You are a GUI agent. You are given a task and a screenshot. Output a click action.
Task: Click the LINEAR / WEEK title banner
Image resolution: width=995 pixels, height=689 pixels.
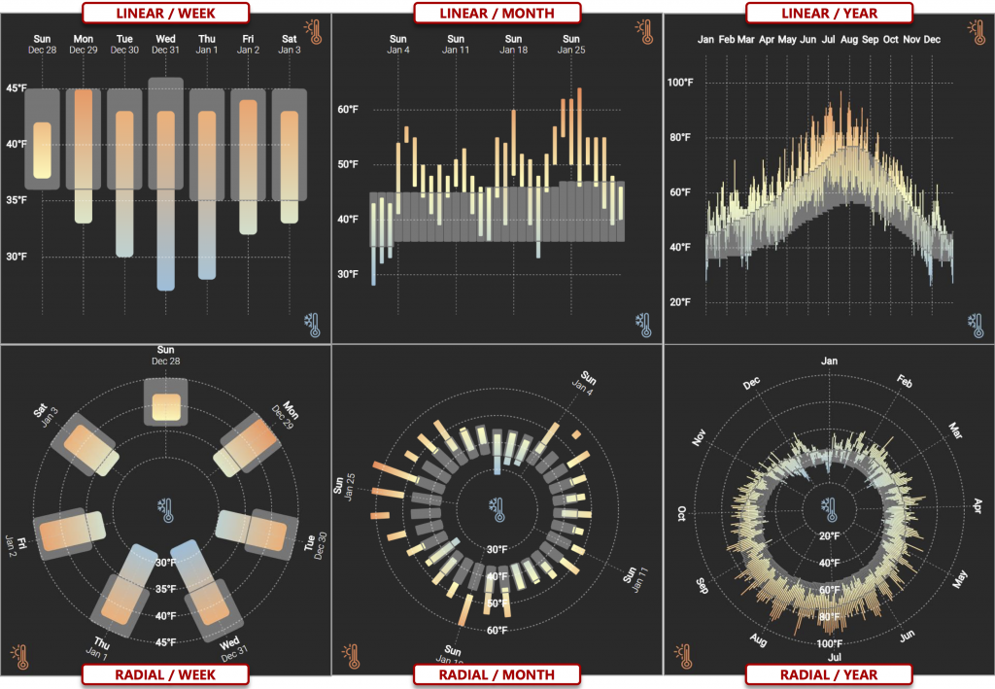(x=165, y=13)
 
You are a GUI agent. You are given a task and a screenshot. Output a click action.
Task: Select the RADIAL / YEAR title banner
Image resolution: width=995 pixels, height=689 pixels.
(x=828, y=674)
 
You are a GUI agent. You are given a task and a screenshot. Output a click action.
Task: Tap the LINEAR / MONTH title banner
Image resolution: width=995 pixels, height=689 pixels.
(x=497, y=13)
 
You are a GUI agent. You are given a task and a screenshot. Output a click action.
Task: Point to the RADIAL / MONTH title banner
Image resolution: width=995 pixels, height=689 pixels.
(x=497, y=674)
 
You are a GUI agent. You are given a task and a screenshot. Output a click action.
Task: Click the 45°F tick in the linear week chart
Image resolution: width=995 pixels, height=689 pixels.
(x=17, y=88)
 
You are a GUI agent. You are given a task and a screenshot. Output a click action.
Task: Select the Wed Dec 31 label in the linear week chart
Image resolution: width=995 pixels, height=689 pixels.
(x=165, y=44)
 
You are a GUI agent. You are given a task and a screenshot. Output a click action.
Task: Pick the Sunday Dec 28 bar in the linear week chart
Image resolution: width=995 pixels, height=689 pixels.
(x=42, y=151)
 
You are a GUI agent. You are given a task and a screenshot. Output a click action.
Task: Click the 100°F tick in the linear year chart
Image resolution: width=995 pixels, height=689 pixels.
(x=680, y=83)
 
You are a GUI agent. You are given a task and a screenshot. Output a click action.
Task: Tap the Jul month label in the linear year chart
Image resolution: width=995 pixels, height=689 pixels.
(x=829, y=40)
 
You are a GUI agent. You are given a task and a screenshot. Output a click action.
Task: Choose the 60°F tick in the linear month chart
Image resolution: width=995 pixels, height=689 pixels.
(x=349, y=110)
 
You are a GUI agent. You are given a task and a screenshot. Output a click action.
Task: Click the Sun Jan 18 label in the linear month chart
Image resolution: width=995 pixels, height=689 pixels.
(x=512, y=44)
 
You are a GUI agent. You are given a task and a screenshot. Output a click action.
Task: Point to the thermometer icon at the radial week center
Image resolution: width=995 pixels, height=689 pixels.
(x=166, y=507)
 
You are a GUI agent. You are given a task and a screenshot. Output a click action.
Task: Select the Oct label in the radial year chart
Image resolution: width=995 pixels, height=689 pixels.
(x=681, y=513)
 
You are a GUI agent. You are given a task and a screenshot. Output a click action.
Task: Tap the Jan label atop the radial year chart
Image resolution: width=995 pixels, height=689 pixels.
(x=829, y=361)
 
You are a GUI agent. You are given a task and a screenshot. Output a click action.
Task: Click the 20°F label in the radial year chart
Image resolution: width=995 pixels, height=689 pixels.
(x=829, y=535)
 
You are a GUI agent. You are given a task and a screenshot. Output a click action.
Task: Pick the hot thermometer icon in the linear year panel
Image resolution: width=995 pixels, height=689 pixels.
(x=976, y=31)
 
